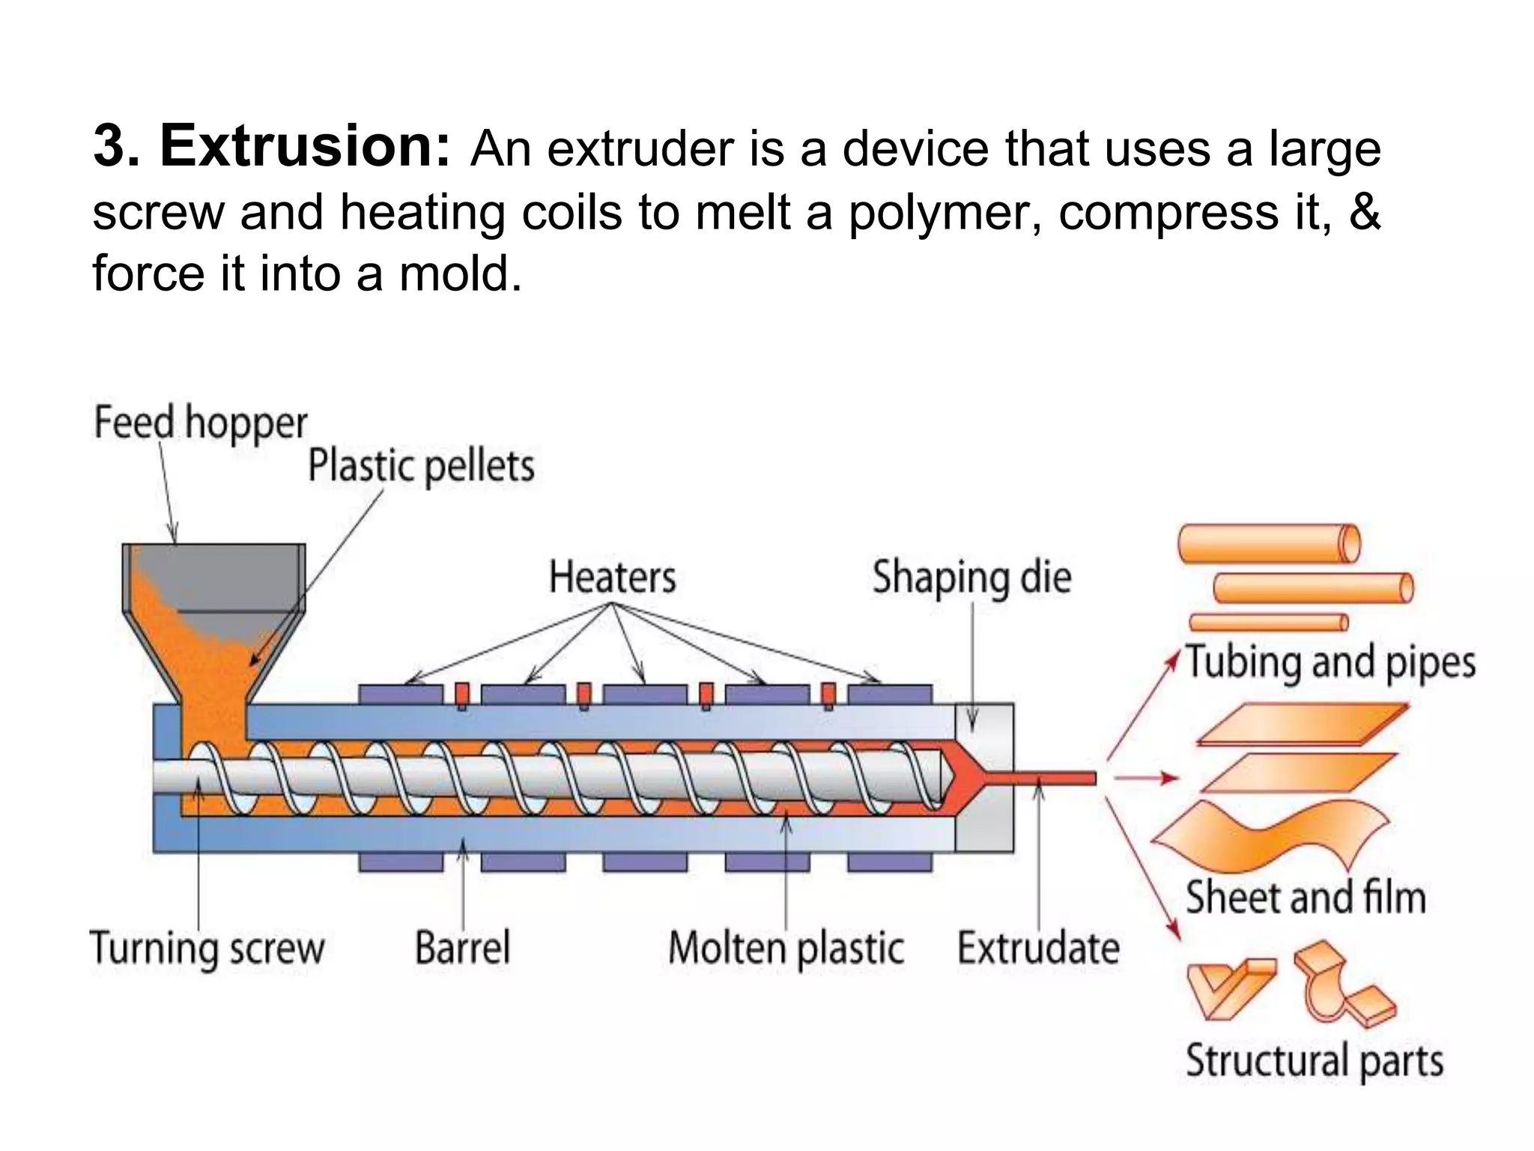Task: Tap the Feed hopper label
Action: pyautogui.click(x=200, y=423)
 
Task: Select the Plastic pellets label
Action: pyautogui.click(x=421, y=466)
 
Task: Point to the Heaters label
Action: pyautogui.click(x=612, y=578)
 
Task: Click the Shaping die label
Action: pyautogui.click(x=971, y=578)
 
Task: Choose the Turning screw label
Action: pyautogui.click(x=207, y=948)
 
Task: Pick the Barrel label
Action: pyautogui.click(x=462, y=947)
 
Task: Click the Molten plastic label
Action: pyautogui.click(x=786, y=948)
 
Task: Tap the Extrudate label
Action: pyautogui.click(x=1038, y=948)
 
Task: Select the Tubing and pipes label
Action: pyautogui.click(x=1330, y=662)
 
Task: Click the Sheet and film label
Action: pyautogui.click(x=1305, y=897)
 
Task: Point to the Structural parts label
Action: pyautogui.click(x=1314, y=1061)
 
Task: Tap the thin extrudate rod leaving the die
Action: pyautogui.click(x=1056, y=779)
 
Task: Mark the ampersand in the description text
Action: pyautogui.click(x=1364, y=212)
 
